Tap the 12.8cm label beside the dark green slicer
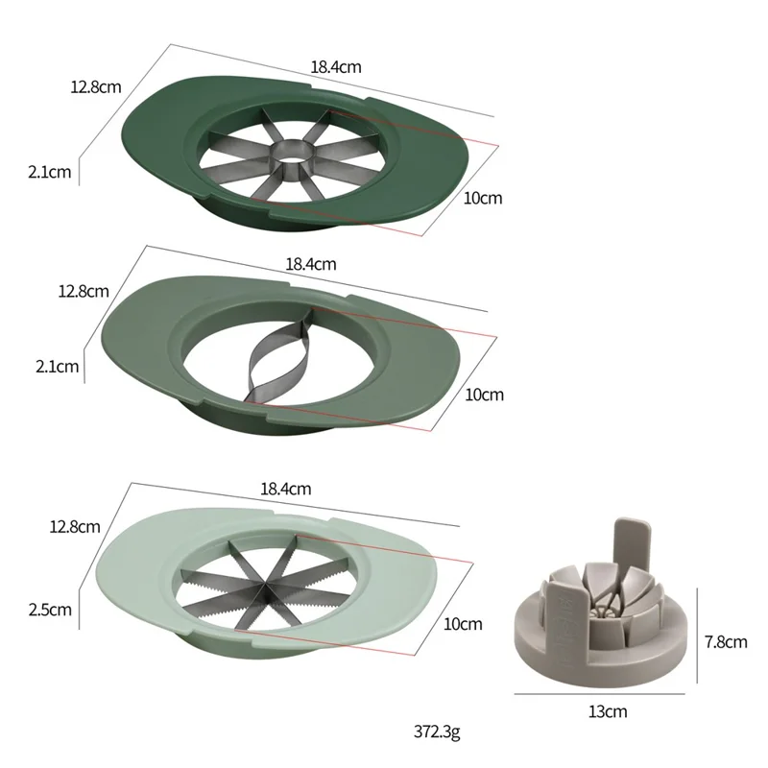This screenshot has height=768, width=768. click(x=95, y=86)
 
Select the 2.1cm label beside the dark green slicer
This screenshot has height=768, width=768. click(x=49, y=172)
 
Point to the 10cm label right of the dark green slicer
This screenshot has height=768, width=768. click(x=483, y=199)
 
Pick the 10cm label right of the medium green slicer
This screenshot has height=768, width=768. click(x=484, y=395)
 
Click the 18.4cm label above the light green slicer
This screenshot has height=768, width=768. click(x=285, y=489)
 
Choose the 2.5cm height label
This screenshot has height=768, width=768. click(x=49, y=610)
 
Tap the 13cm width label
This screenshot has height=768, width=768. click(x=608, y=711)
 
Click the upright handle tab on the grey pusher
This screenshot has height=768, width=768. click(x=630, y=547)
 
